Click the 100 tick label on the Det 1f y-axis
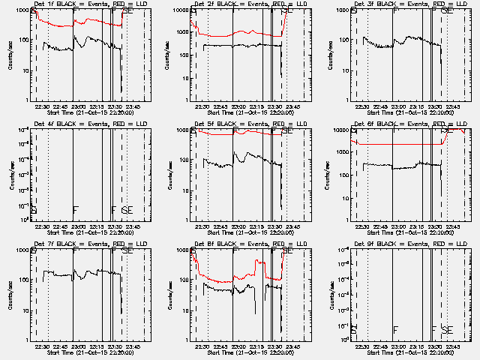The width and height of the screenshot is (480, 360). coord(23,40)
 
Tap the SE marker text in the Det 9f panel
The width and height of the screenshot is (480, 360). coord(447,330)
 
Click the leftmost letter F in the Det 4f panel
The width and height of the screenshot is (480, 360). coord(75,211)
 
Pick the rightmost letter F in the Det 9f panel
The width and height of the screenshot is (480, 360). coord(433,330)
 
